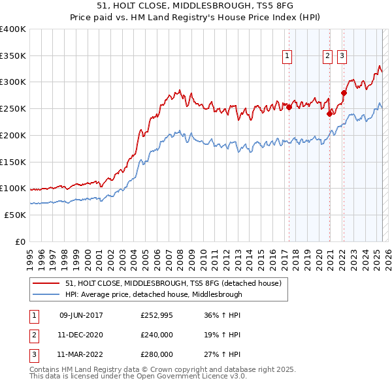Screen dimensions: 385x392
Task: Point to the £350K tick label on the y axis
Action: (13, 56)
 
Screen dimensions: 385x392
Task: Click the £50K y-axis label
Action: (15, 215)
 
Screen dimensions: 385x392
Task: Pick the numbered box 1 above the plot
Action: (287, 57)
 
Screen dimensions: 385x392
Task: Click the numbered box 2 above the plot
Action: (327, 57)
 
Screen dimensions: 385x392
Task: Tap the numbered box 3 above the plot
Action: (342, 57)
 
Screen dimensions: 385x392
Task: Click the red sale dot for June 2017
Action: (289, 108)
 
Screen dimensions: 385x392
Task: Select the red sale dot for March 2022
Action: (344, 93)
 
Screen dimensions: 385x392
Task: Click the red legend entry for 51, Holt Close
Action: (172, 283)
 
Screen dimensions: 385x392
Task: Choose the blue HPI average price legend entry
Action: (154, 294)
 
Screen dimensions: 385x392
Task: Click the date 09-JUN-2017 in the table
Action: (81, 316)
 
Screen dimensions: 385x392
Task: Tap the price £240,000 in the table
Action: (157, 335)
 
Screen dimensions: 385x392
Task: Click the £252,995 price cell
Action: (157, 316)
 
